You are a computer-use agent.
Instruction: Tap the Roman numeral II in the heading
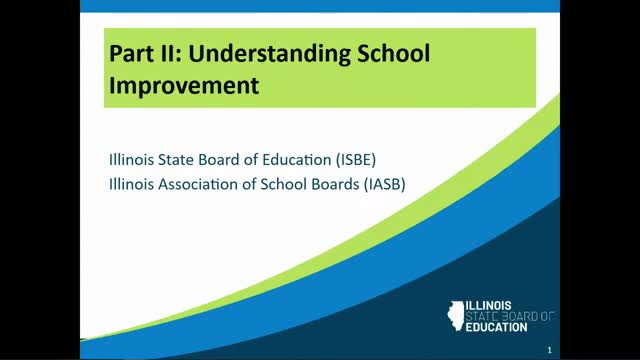tap(169, 53)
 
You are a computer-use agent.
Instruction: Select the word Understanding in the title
tap(269, 54)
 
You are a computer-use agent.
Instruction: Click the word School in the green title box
tap(393, 53)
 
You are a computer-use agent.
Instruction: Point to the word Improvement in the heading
tap(184, 86)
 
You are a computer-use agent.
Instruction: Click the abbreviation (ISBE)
tap(356, 160)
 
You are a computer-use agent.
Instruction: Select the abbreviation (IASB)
tap(384, 184)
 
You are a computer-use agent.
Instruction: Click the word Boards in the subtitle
tap(335, 184)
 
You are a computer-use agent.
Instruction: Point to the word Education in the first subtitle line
tap(297, 160)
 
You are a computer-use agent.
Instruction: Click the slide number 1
tap(549, 350)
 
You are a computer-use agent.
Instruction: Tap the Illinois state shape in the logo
tap(456, 316)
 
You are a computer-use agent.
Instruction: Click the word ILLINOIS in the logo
tap(489, 306)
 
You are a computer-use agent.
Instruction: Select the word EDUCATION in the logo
tap(496, 327)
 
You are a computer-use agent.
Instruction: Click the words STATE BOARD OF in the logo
tap(510, 316)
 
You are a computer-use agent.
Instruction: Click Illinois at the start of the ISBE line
tap(131, 160)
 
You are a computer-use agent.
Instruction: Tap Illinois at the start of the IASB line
tap(131, 184)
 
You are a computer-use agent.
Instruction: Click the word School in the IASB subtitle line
tap(284, 184)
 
